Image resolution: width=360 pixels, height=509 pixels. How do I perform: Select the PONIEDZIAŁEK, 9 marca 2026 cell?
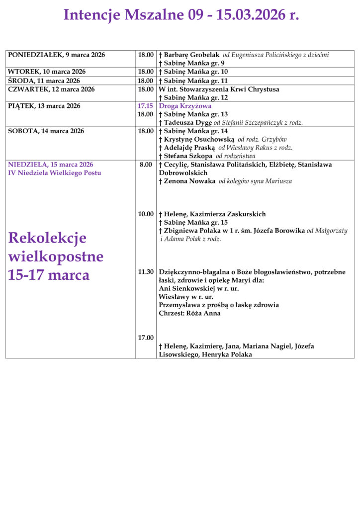click(x=57, y=55)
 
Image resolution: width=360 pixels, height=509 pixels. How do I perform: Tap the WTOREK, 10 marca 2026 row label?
click(x=47, y=72)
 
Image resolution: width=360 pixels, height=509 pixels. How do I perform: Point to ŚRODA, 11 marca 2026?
click(x=44, y=81)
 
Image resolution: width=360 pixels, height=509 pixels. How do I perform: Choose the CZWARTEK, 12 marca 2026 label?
click(x=51, y=89)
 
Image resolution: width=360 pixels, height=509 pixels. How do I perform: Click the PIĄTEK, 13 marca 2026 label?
click(x=44, y=106)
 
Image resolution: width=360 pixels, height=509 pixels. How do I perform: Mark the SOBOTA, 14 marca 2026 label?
click(x=46, y=131)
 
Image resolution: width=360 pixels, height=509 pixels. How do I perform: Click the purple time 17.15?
click(x=145, y=106)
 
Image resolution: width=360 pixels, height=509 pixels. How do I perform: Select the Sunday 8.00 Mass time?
click(x=146, y=165)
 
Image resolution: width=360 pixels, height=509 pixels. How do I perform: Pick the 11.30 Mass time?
click(x=146, y=272)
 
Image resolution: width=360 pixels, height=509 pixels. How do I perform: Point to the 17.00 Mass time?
click(x=146, y=338)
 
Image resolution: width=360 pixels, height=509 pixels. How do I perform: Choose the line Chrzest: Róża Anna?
click(x=189, y=314)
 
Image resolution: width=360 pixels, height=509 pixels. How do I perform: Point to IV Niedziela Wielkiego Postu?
click(x=54, y=173)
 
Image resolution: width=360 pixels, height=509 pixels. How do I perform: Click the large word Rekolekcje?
click(x=47, y=238)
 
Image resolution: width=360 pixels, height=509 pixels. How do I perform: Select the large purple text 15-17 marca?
click(x=49, y=275)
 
